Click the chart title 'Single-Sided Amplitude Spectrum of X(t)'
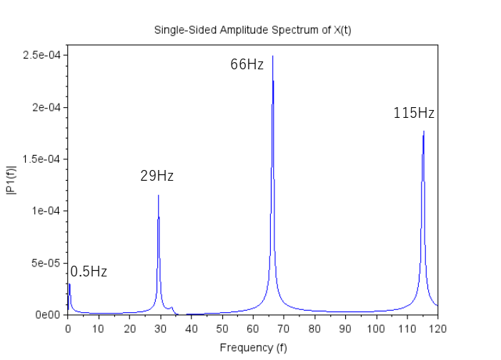click(252, 30)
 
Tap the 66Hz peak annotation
click(247, 65)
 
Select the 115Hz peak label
click(414, 114)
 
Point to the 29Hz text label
click(157, 176)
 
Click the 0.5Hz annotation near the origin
click(89, 272)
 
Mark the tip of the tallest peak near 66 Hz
click(272, 56)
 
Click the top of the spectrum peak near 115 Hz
click(424, 131)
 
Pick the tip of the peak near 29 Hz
click(158, 195)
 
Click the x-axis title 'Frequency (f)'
click(252, 348)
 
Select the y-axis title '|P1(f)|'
click(11, 180)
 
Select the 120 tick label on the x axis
click(437, 329)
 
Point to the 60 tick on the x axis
click(252, 329)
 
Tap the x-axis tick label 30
click(160, 329)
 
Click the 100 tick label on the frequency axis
click(376, 329)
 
